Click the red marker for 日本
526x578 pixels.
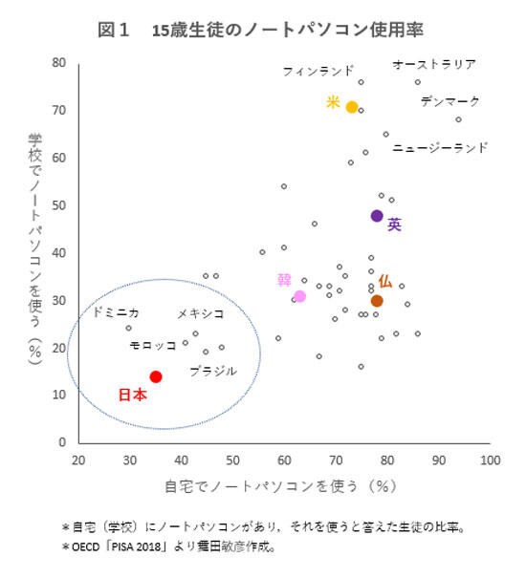click(x=156, y=376)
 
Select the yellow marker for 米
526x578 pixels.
click(x=352, y=107)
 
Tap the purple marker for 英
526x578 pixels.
click(x=377, y=216)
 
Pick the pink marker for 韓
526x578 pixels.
click(x=299, y=296)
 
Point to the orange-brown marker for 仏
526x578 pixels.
click(x=377, y=300)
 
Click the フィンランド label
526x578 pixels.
click(x=318, y=72)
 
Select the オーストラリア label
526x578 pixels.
click(x=434, y=64)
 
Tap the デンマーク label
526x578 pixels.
click(x=449, y=100)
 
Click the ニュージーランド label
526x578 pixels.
click(x=440, y=148)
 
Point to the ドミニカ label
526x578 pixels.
click(x=116, y=312)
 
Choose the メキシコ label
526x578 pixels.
click(x=200, y=313)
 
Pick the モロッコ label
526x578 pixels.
click(x=152, y=344)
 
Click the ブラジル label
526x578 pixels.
click(x=212, y=371)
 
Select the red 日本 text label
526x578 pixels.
click(x=132, y=395)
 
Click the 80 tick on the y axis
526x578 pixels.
click(x=58, y=63)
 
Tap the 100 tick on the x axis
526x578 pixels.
click(x=490, y=460)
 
